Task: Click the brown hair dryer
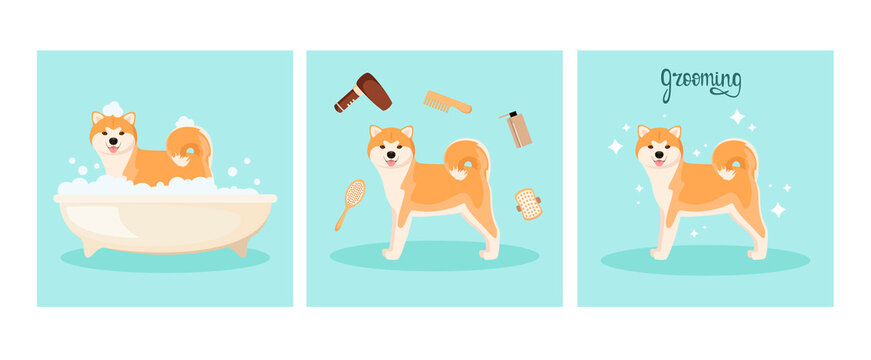(366, 91)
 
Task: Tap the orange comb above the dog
(447, 101)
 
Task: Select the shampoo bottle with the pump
(518, 130)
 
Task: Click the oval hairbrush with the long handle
(353, 195)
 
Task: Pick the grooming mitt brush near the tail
(528, 204)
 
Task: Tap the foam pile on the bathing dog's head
(113, 109)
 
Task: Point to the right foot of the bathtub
(238, 247)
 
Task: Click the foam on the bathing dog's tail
(186, 123)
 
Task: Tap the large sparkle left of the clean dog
(615, 146)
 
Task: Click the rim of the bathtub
(165, 198)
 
